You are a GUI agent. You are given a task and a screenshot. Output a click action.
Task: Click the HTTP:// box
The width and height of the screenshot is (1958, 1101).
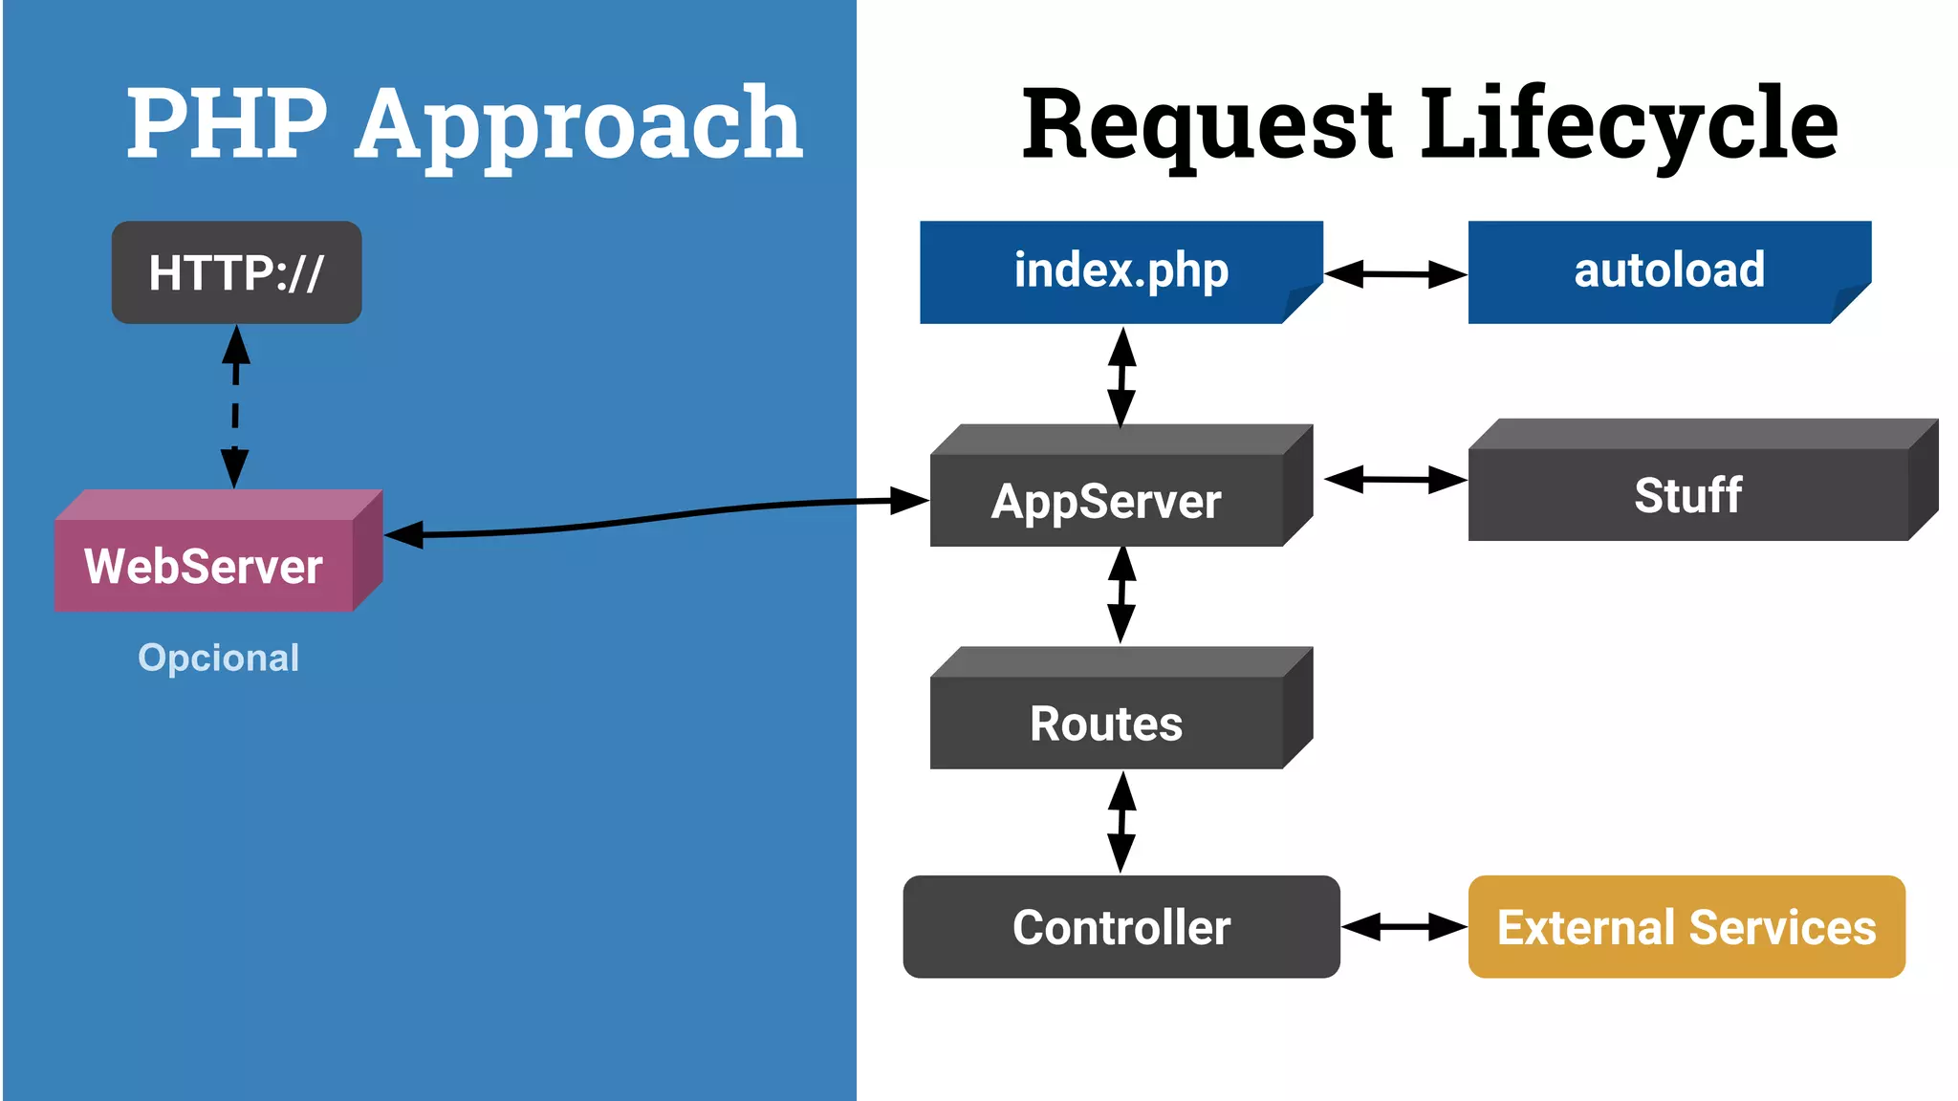pos(236,272)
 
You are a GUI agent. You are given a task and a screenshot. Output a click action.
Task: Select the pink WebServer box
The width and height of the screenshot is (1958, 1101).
pos(205,565)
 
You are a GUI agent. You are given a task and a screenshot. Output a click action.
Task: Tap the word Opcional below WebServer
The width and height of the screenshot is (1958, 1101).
pos(218,658)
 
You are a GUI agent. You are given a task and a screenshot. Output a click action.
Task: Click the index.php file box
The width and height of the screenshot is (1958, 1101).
pos(1120,271)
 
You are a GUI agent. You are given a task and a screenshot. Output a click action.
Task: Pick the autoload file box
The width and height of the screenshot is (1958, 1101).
pos(1668,271)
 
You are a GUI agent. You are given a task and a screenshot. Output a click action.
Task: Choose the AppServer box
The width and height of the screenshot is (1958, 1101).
pos(1106,500)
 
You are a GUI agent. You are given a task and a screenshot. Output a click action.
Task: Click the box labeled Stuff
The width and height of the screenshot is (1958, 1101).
pos(1687,494)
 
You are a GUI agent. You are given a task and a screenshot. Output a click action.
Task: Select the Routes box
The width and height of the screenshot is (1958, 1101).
pos(1106,723)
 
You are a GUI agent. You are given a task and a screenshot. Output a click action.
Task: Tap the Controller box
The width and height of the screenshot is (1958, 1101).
pos(1120,926)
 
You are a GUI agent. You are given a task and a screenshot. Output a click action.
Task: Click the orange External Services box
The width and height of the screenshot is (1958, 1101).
pos(1686,926)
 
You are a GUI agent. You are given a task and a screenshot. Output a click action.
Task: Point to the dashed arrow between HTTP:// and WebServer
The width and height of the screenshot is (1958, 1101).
pos(235,407)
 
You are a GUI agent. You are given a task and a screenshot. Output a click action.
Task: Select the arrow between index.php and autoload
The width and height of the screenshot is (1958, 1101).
pos(1395,274)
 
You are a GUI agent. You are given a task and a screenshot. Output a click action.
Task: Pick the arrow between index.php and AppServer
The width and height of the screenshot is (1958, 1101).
pos(1121,377)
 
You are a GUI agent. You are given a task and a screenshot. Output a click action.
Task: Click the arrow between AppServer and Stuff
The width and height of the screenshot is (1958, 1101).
pos(1395,480)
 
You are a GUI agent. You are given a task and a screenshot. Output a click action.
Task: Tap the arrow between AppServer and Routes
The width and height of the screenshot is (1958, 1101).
pos(1121,594)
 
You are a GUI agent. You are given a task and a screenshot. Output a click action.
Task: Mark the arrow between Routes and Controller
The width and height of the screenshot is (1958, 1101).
pos(1121,822)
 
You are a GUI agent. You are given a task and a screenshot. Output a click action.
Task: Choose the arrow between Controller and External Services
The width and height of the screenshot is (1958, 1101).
pos(1403,926)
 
